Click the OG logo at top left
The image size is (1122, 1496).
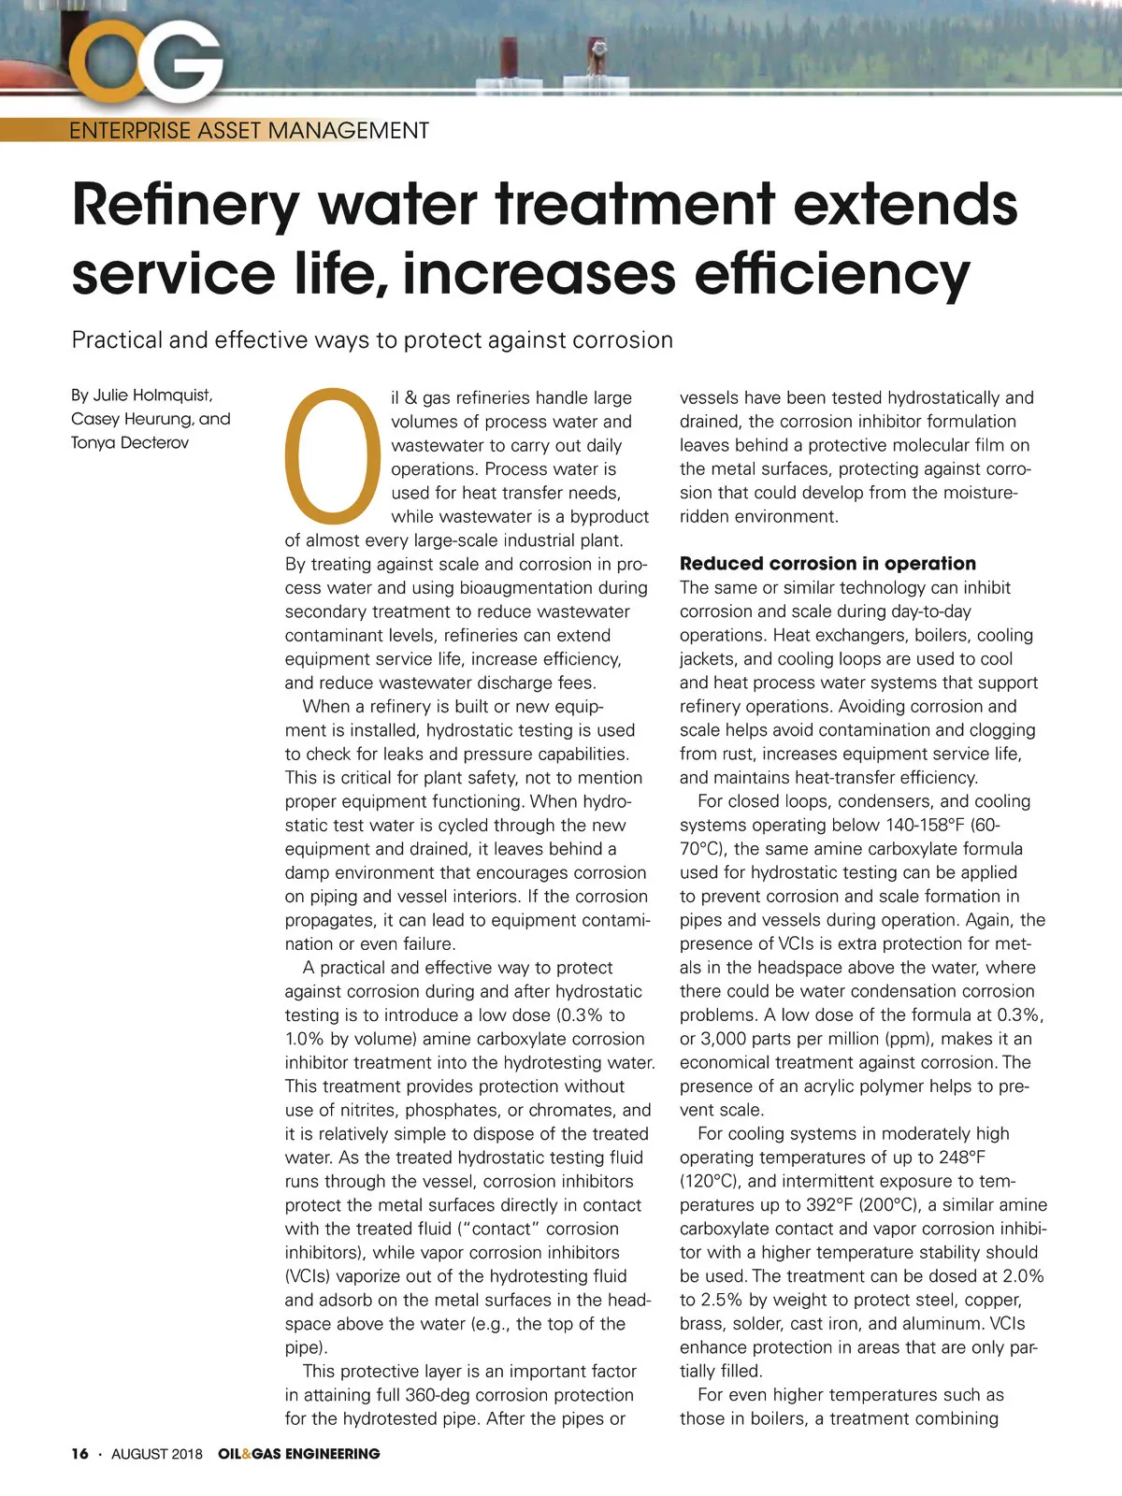tap(150, 61)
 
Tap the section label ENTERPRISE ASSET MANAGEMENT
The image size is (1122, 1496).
tap(249, 130)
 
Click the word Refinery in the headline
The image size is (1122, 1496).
tap(185, 205)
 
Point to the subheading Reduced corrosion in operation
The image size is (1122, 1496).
tap(827, 563)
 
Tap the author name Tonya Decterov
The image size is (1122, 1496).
tap(130, 442)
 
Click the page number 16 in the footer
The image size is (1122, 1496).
tap(79, 1453)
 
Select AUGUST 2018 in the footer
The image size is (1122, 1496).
tap(157, 1453)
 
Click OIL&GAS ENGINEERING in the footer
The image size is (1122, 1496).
tap(299, 1453)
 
